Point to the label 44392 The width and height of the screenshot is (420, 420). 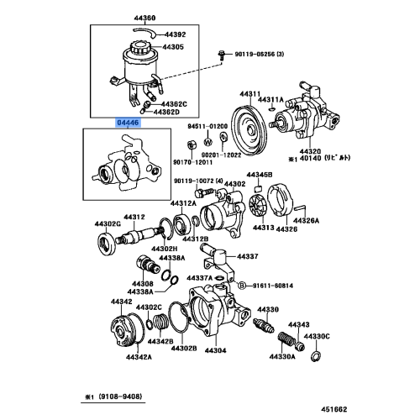click(173, 35)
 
